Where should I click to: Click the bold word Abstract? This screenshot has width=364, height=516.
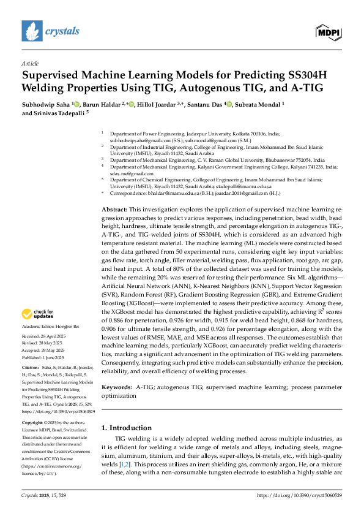(114, 158)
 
